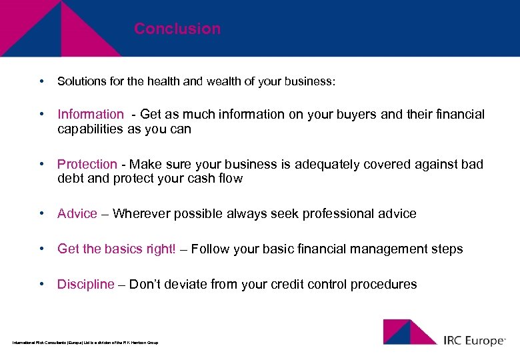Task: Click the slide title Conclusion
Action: click(x=177, y=29)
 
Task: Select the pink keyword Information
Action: click(x=90, y=115)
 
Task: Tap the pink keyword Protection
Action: click(x=87, y=164)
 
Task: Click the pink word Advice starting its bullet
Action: click(x=77, y=214)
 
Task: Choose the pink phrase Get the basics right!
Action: click(x=117, y=249)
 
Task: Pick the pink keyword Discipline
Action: click(x=85, y=285)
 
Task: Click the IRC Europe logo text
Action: click(x=474, y=340)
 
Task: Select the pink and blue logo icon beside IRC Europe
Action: click(x=409, y=332)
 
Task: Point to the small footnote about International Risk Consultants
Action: click(x=85, y=343)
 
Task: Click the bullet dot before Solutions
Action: click(x=42, y=81)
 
